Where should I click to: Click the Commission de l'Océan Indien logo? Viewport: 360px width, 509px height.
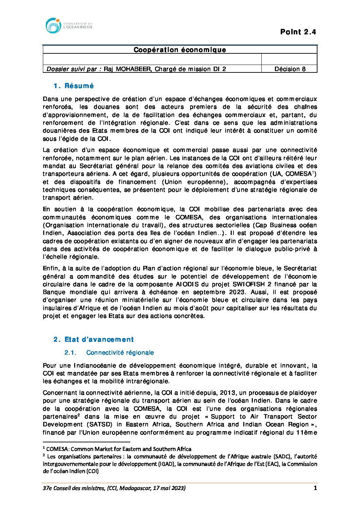pos(68,26)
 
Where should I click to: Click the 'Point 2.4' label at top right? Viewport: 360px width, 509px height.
pos(298,32)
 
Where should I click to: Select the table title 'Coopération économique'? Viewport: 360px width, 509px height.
pos(180,50)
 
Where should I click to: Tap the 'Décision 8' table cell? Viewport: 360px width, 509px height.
pos(290,69)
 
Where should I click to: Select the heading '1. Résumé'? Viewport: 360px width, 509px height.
pos(73,86)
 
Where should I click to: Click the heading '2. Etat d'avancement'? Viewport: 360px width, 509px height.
pos(94,339)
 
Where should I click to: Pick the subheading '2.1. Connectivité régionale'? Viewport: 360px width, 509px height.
pos(109,353)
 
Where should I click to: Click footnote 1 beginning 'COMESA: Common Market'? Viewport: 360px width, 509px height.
pos(117,449)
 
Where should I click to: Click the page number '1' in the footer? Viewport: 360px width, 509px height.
pos(315,488)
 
